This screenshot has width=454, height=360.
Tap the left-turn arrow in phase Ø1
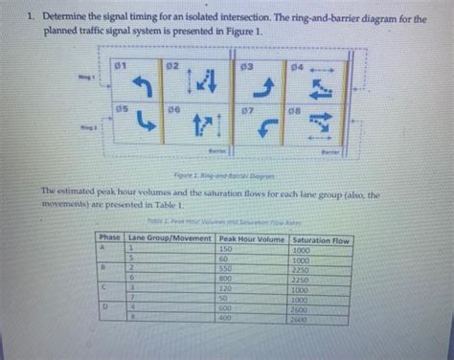coord(144,87)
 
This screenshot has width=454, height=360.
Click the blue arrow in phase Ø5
coord(145,123)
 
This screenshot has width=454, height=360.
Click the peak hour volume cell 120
coord(226,288)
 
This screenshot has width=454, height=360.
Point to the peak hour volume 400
coord(226,318)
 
